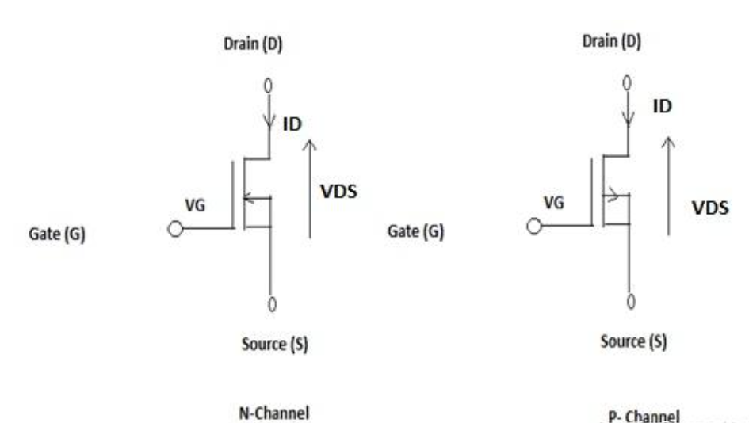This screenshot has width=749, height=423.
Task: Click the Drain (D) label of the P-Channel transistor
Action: click(612, 41)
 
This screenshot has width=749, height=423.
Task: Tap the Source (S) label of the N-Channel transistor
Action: click(274, 345)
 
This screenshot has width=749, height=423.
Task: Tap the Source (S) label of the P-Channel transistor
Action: click(633, 341)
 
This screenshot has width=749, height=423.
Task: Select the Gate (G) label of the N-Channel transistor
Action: click(57, 236)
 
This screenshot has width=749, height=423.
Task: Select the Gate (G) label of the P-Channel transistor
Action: click(415, 232)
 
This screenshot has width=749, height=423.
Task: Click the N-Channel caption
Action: click(273, 413)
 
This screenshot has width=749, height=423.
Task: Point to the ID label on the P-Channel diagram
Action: click(663, 105)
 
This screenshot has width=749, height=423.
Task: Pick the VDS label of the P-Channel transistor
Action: click(710, 208)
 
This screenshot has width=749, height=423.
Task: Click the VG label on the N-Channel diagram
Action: click(194, 205)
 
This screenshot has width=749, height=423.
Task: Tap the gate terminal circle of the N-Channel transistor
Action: click(176, 229)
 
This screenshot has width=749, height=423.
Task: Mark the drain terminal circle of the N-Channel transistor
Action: click(270, 84)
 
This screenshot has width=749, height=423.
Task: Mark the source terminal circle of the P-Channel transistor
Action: click(630, 300)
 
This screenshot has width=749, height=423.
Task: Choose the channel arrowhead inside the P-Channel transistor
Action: click(613, 192)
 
